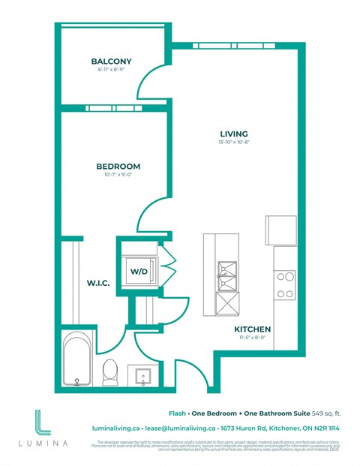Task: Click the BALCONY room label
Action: pos(111,61)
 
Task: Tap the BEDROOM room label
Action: pos(118,166)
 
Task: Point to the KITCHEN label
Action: pos(252,329)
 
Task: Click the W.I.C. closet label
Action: pos(98,283)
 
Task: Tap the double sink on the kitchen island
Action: pos(226,276)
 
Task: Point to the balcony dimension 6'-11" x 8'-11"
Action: pos(111,70)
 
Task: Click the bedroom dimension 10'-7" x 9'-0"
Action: pos(118,175)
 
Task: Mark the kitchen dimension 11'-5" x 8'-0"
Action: pos(252,338)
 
